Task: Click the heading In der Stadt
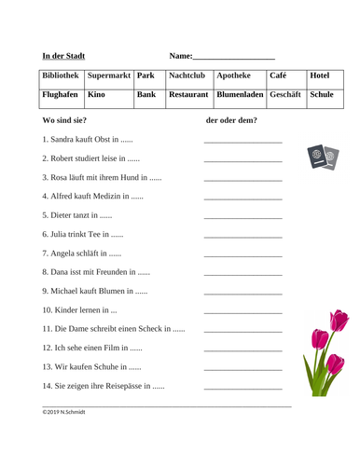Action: coord(70,55)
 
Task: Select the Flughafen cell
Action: coord(62,95)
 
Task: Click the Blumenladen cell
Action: coord(239,95)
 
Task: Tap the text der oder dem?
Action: coord(231,120)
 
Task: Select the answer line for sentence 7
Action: coord(242,254)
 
